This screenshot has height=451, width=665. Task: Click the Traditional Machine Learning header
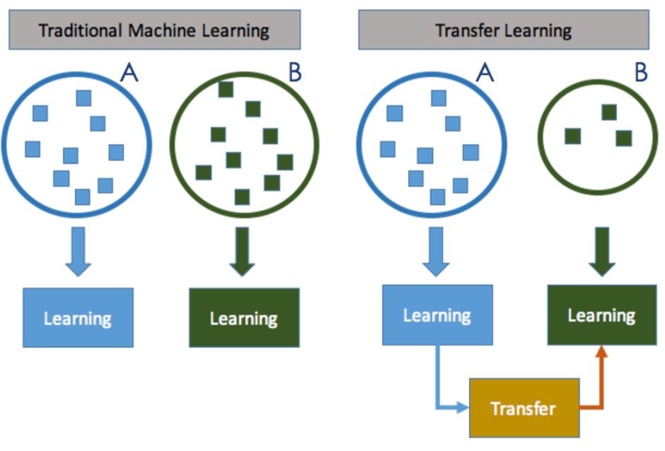coord(153,30)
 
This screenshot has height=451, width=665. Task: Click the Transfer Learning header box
coord(503,30)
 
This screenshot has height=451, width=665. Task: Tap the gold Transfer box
coord(524,408)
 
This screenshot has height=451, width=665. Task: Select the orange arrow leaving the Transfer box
coord(601,382)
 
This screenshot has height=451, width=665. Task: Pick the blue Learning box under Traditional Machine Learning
coord(78,317)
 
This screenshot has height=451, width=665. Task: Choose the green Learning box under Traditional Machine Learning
coord(244,317)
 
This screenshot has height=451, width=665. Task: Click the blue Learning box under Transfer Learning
coord(437,315)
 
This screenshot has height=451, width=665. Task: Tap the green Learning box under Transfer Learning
coord(601,315)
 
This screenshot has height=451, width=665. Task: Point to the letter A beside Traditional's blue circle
coord(129,71)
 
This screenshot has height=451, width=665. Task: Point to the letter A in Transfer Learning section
coord(484,71)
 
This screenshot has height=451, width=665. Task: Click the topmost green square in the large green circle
coord(226,90)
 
